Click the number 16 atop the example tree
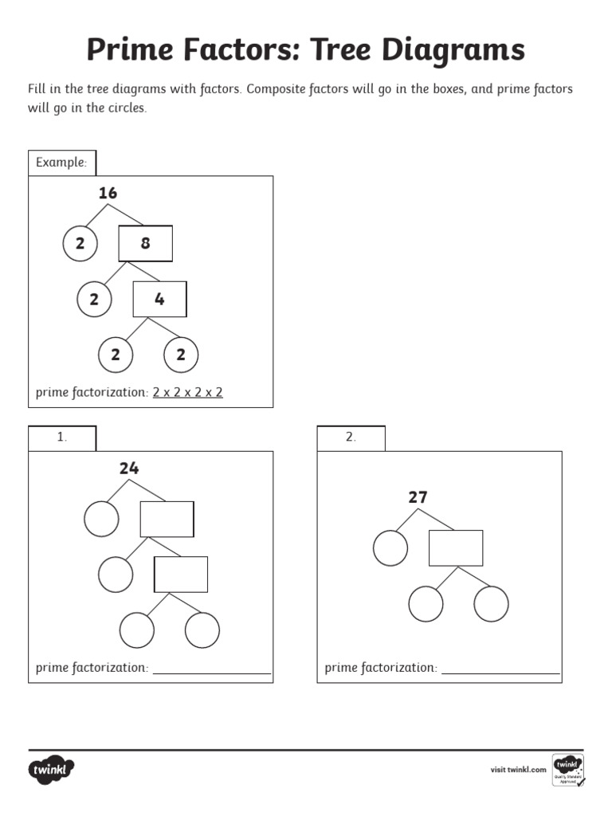tap(108, 193)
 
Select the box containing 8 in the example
tap(145, 244)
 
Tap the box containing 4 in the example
tap(159, 300)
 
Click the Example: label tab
tap(61, 163)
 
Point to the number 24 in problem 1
tap(129, 469)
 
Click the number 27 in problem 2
tap(418, 497)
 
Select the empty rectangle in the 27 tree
tap(456, 547)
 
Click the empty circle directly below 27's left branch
tap(390, 548)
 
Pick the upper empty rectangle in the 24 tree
tap(167, 519)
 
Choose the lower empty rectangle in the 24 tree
tap(181, 575)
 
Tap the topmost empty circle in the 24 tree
tap(101, 519)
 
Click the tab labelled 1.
tap(62, 438)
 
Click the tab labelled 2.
tap(351, 438)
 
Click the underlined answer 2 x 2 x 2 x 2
tap(187, 392)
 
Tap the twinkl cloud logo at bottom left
tap(52, 770)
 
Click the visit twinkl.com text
tap(518, 770)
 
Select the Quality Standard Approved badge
tap(567, 770)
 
